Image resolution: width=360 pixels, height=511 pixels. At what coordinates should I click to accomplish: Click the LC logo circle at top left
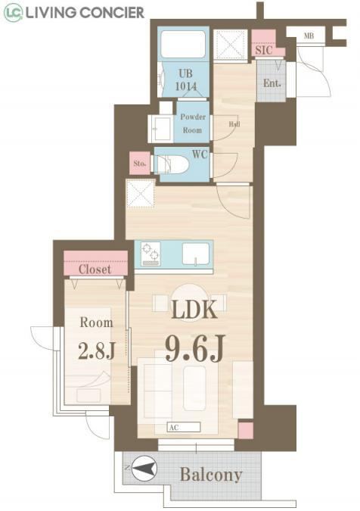pyautogui.click(x=13, y=12)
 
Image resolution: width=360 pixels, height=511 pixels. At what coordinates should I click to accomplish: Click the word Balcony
pyautogui.click(x=211, y=475)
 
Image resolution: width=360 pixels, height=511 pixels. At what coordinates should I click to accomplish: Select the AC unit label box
pyautogui.click(x=184, y=427)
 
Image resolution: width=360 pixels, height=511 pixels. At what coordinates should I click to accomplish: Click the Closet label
pyautogui.click(x=95, y=270)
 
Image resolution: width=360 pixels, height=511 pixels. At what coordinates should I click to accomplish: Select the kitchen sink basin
pyautogui.click(x=195, y=254)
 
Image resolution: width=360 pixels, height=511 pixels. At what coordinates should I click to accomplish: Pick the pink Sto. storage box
pyautogui.click(x=140, y=163)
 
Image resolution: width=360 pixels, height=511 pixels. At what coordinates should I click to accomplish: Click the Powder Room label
pyautogui.click(x=193, y=123)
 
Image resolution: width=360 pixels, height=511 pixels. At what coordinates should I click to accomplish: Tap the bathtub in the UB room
pyautogui.click(x=183, y=44)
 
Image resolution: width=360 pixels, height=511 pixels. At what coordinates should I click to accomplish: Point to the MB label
pyautogui.click(x=309, y=36)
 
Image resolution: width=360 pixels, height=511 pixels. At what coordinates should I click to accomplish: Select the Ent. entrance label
pyautogui.click(x=272, y=83)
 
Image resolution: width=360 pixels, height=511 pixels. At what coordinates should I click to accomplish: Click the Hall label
pyautogui.click(x=234, y=124)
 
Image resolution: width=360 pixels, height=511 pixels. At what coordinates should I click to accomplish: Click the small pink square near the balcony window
pyautogui.click(x=246, y=430)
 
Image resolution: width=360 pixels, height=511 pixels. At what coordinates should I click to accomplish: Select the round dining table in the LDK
pyautogui.click(x=189, y=303)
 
